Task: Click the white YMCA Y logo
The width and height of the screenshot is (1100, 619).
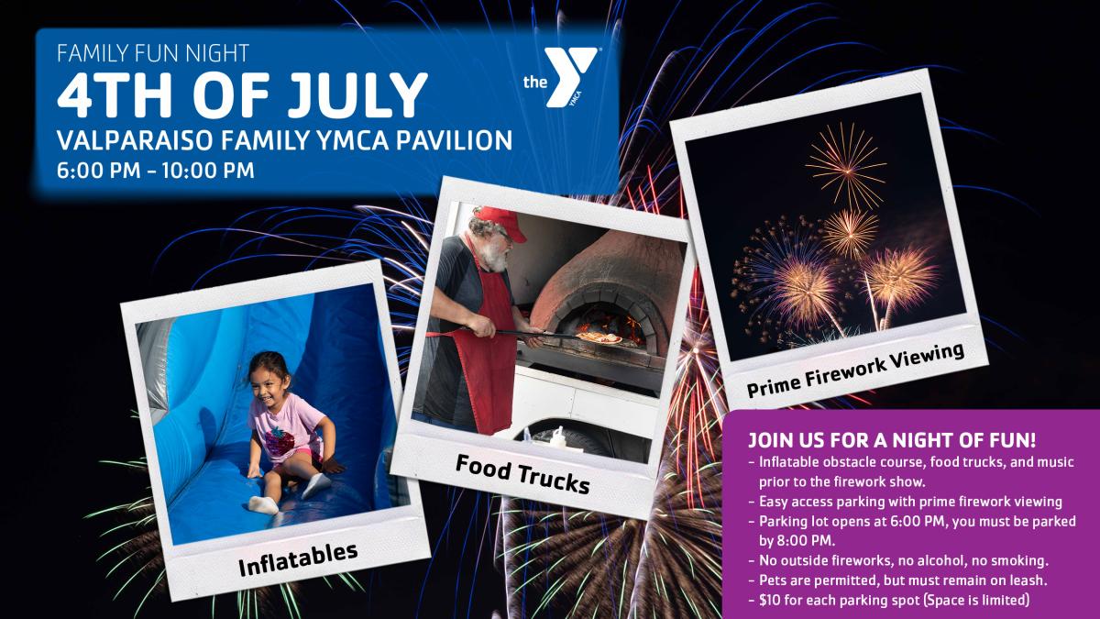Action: click(571, 77)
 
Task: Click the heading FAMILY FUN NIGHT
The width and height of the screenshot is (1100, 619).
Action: click(153, 53)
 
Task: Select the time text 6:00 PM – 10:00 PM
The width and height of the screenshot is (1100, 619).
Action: click(156, 171)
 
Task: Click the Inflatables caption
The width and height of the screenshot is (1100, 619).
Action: click(298, 560)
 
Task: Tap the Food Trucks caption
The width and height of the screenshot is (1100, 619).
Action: click(522, 474)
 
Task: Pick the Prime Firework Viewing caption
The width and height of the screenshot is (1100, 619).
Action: click(855, 370)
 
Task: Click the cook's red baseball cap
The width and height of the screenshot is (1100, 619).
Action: click(500, 220)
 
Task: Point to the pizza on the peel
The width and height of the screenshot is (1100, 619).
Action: click(599, 338)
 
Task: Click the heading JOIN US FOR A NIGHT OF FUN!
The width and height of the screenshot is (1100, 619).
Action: click(892, 440)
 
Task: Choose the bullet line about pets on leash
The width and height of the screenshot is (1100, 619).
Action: click(903, 580)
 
